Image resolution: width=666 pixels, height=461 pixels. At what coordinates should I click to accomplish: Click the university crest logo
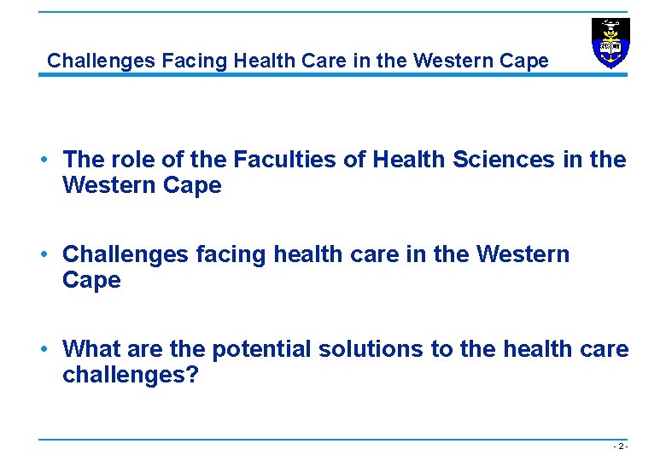(610, 43)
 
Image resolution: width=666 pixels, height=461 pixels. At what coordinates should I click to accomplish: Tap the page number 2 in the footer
(622, 446)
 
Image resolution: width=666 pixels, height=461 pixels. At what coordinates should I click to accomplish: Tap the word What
(91, 349)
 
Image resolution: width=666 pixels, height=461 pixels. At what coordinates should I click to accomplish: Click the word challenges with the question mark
(131, 375)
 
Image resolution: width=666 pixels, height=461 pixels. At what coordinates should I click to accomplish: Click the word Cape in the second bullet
(92, 280)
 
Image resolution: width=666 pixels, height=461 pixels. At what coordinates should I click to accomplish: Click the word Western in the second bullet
(523, 254)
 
